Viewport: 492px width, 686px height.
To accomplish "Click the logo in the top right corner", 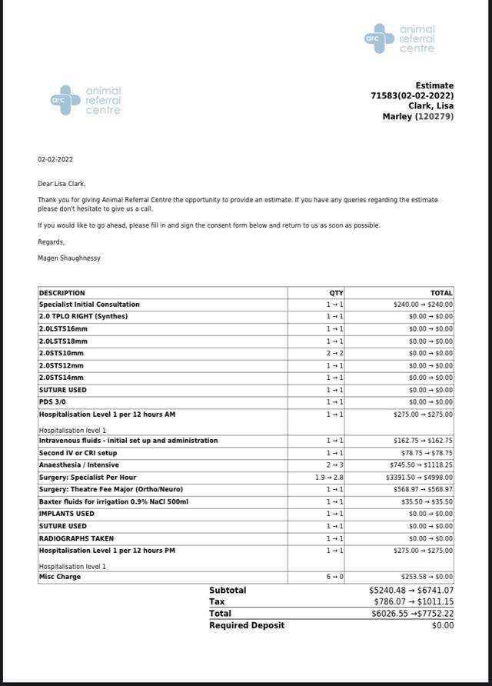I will click(400, 38).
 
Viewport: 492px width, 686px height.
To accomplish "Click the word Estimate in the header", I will click(434, 85).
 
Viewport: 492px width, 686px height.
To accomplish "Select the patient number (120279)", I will click(434, 117).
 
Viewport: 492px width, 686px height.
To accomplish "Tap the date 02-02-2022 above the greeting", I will click(55, 160).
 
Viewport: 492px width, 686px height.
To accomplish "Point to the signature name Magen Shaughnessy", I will click(69, 258).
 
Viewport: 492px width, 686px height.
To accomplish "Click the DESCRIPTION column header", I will click(62, 293).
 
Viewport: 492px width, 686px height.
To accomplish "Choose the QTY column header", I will click(336, 293).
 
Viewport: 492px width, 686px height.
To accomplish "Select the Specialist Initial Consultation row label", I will click(89, 305).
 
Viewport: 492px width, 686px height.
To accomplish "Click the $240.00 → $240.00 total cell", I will click(423, 305).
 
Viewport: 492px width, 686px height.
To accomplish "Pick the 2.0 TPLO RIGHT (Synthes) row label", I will click(84, 317).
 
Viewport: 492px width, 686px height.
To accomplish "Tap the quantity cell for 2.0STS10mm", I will click(335, 353).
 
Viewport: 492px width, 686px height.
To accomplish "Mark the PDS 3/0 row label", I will click(54, 402).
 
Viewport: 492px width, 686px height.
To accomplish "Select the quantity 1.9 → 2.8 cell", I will click(330, 477).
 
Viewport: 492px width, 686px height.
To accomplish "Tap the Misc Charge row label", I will click(60, 576).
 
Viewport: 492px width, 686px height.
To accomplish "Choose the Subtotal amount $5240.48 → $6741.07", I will click(411, 591).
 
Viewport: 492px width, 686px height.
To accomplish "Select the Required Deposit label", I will click(247, 625).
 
